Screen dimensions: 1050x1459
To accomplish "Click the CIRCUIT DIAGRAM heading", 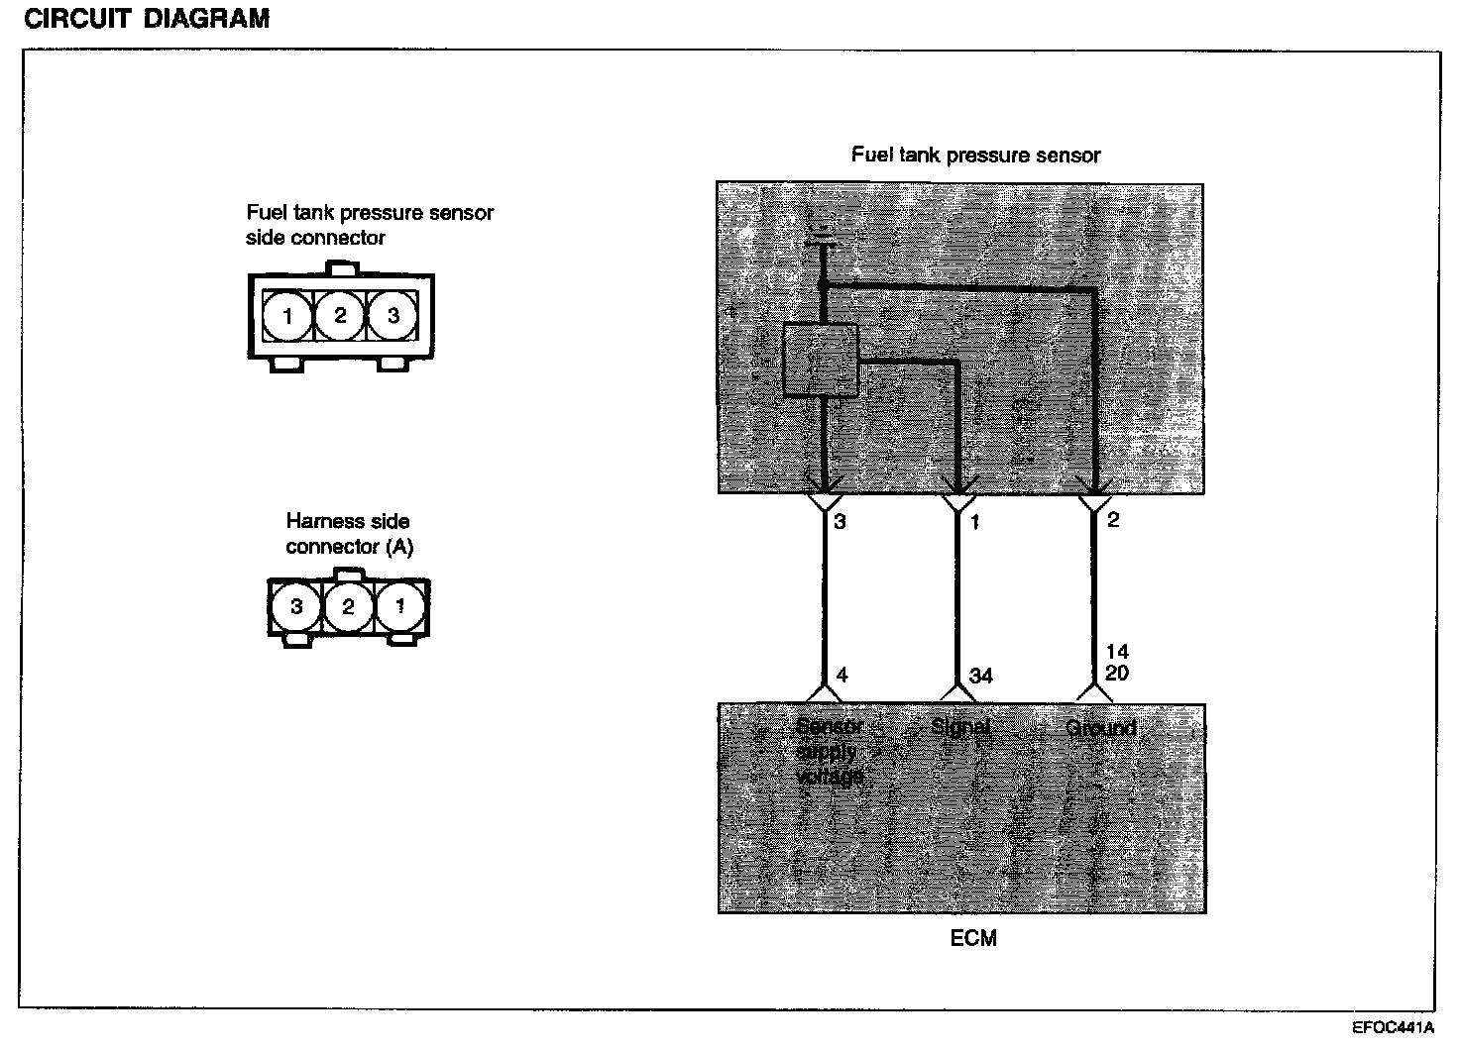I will pos(147,20).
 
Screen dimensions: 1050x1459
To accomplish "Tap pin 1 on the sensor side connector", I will pos(287,316).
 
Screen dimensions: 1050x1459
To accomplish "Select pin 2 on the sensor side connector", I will pos(340,316).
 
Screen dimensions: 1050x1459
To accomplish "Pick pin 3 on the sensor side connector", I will pos(393,316).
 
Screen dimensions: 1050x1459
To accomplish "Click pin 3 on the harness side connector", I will pos(295,606).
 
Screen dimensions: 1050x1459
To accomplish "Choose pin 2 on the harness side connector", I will pos(348,606).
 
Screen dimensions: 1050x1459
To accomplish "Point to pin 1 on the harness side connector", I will pos(400,606).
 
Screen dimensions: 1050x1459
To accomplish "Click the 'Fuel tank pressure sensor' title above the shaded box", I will pos(975,156).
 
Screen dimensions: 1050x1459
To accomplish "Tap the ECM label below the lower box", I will pos(973,938).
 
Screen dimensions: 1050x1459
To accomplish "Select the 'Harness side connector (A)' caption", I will pos(349,534).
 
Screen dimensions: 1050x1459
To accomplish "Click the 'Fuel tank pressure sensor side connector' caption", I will pos(370,225).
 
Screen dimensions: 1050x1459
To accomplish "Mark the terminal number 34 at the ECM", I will pos(980,676).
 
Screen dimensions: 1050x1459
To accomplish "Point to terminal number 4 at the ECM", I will pos(842,676).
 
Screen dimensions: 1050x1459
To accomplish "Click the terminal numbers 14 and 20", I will pos(1117,663).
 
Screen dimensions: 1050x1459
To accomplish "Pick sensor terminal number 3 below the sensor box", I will pos(840,521).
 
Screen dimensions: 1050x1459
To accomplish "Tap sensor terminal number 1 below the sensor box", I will pos(974,521).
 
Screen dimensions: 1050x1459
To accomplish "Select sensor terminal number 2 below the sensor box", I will pos(1113,520).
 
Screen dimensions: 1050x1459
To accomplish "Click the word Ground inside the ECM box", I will pos(1100,729).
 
